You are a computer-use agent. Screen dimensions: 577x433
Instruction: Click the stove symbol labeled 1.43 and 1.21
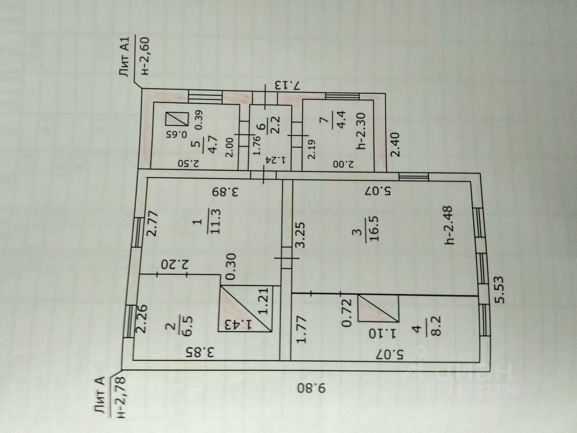click(246, 309)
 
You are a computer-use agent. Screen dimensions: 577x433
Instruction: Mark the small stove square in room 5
click(176, 119)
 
